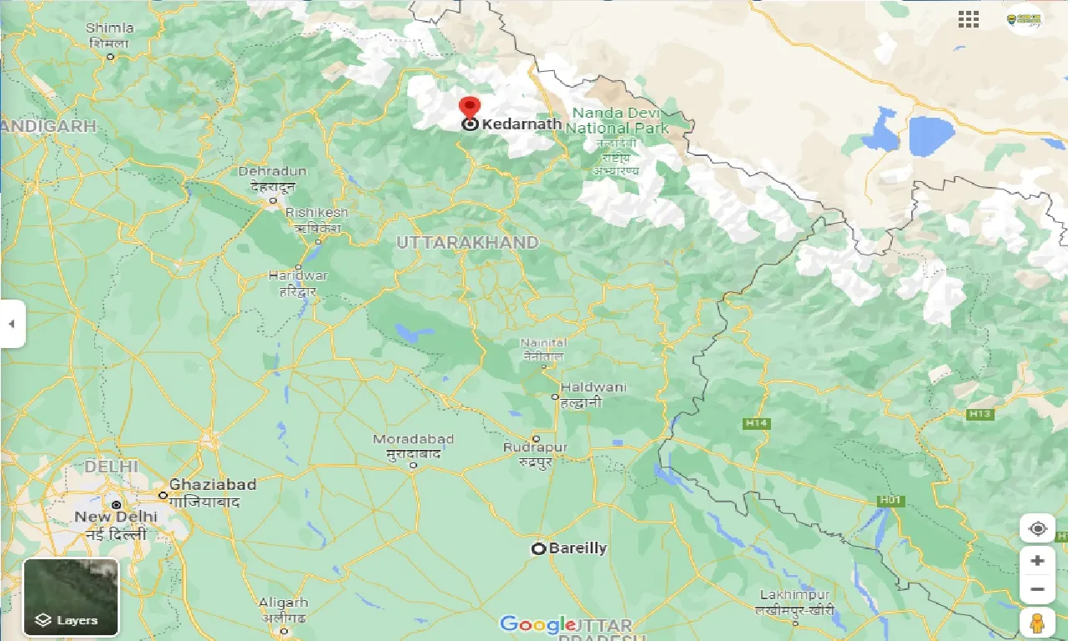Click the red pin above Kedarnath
(470, 108)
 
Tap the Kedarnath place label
(521, 124)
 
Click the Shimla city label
(109, 28)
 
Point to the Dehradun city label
(273, 171)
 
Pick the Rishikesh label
(316, 213)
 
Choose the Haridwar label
(298, 275)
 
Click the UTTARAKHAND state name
(467, 242)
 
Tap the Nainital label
(543, 343)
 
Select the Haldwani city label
(592, 388)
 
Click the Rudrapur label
(535, 448)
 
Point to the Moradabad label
(413, 440)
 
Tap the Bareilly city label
(577, 548)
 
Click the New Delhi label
(116, 517)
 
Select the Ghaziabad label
(212, 485)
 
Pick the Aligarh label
(283, 603)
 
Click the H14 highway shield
(756, 423)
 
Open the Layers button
(71, 597)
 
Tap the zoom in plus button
(1037, 560)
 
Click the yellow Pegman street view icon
(1037, 623)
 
